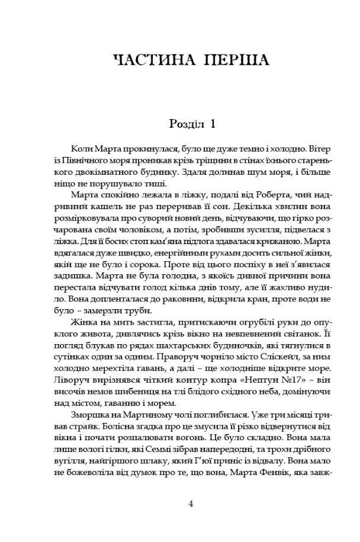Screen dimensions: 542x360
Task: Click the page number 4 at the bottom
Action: (x=191, y=504)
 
